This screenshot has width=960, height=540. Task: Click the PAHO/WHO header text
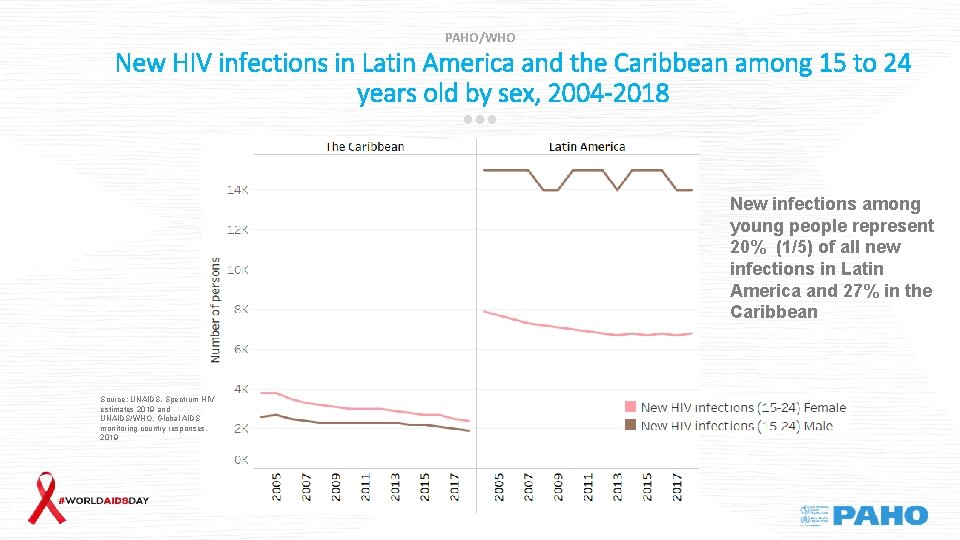(480, 37)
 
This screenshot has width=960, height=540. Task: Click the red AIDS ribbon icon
(45, 497)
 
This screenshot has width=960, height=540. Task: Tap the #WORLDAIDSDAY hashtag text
(104, 500)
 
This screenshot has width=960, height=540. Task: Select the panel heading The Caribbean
(365, 147)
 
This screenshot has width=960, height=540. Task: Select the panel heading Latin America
(587, 147)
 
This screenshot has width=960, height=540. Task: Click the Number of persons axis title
(215, 309)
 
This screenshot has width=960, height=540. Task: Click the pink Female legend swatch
(629, 407)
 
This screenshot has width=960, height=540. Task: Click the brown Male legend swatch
(629, 425)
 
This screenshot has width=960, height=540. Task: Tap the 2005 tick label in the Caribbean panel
(277, 487)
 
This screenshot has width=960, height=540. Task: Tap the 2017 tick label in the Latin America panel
(676, 487)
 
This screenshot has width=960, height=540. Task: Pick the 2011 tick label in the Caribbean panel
(366, 487)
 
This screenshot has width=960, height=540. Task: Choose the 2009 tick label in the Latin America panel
(558, 487)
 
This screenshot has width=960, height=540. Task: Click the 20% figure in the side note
(747, 247)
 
